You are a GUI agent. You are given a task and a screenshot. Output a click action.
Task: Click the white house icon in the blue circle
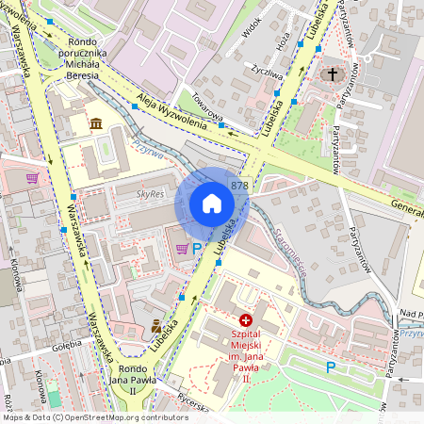pyautogui.click(x=212, y=204)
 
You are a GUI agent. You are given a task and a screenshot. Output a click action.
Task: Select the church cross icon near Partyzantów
pyautogui.click(x=332, y=73)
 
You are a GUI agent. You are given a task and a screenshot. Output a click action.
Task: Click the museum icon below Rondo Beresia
pyautogui.click(x=96, y=122)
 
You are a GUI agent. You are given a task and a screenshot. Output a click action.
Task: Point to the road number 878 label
pyautogui.click(x=240, y=186)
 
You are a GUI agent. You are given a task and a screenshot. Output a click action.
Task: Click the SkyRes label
pyautogui.click(x=151, y=193)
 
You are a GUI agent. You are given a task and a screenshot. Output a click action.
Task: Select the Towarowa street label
pyautogui.click(x=206, y=114)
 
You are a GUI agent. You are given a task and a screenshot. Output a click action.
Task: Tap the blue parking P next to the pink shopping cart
pyautogui.click(x=197, y=249)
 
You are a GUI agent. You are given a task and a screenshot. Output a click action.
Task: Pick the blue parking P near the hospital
pyautogui.click(x=331, y=367)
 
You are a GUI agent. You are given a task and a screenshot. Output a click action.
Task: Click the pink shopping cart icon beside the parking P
pyautogui.click(x=181, y=249)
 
